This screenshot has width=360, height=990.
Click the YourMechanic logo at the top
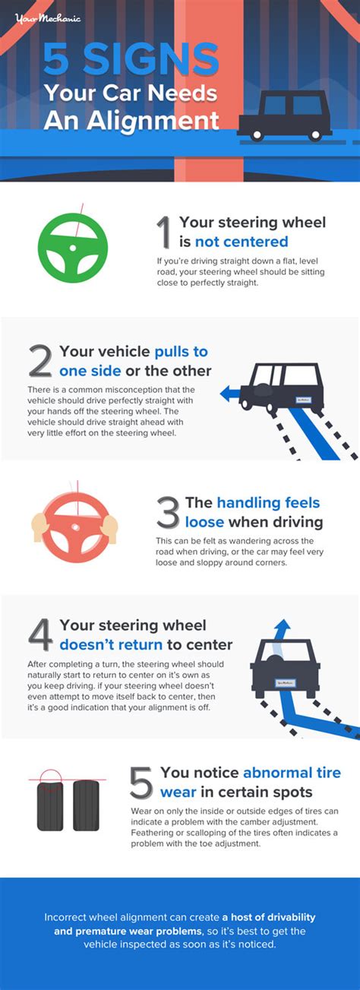tap(47, 18)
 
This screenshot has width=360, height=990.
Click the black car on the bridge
tap(285, 115)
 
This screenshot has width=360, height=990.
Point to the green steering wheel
tap(72, 248)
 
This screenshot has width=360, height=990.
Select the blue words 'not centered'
tap(242, 242)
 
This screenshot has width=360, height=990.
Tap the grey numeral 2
tap(40, 361)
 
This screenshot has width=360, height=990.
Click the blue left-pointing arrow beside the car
tap(231, 393)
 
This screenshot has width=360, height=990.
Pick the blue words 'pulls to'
tap(181, 352)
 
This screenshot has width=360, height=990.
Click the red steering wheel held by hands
tap(75, 527)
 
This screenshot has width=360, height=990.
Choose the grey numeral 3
tap(168, 512)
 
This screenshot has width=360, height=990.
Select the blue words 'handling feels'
tap(268, 502)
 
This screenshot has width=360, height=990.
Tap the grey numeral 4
tap(41, 634)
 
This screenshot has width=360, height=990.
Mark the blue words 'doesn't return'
tap(111, 644)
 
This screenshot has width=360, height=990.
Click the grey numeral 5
tap(141, 782)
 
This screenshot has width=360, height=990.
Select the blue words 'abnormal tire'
tap(292, 772)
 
